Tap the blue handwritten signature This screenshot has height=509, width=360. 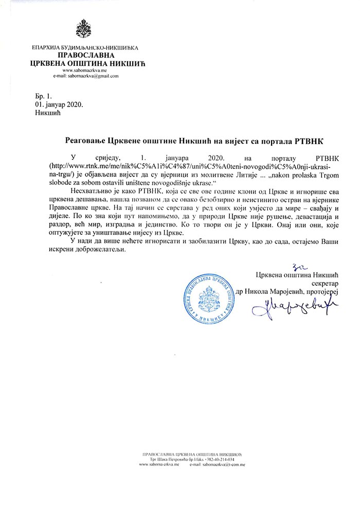tap(291, 310)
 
